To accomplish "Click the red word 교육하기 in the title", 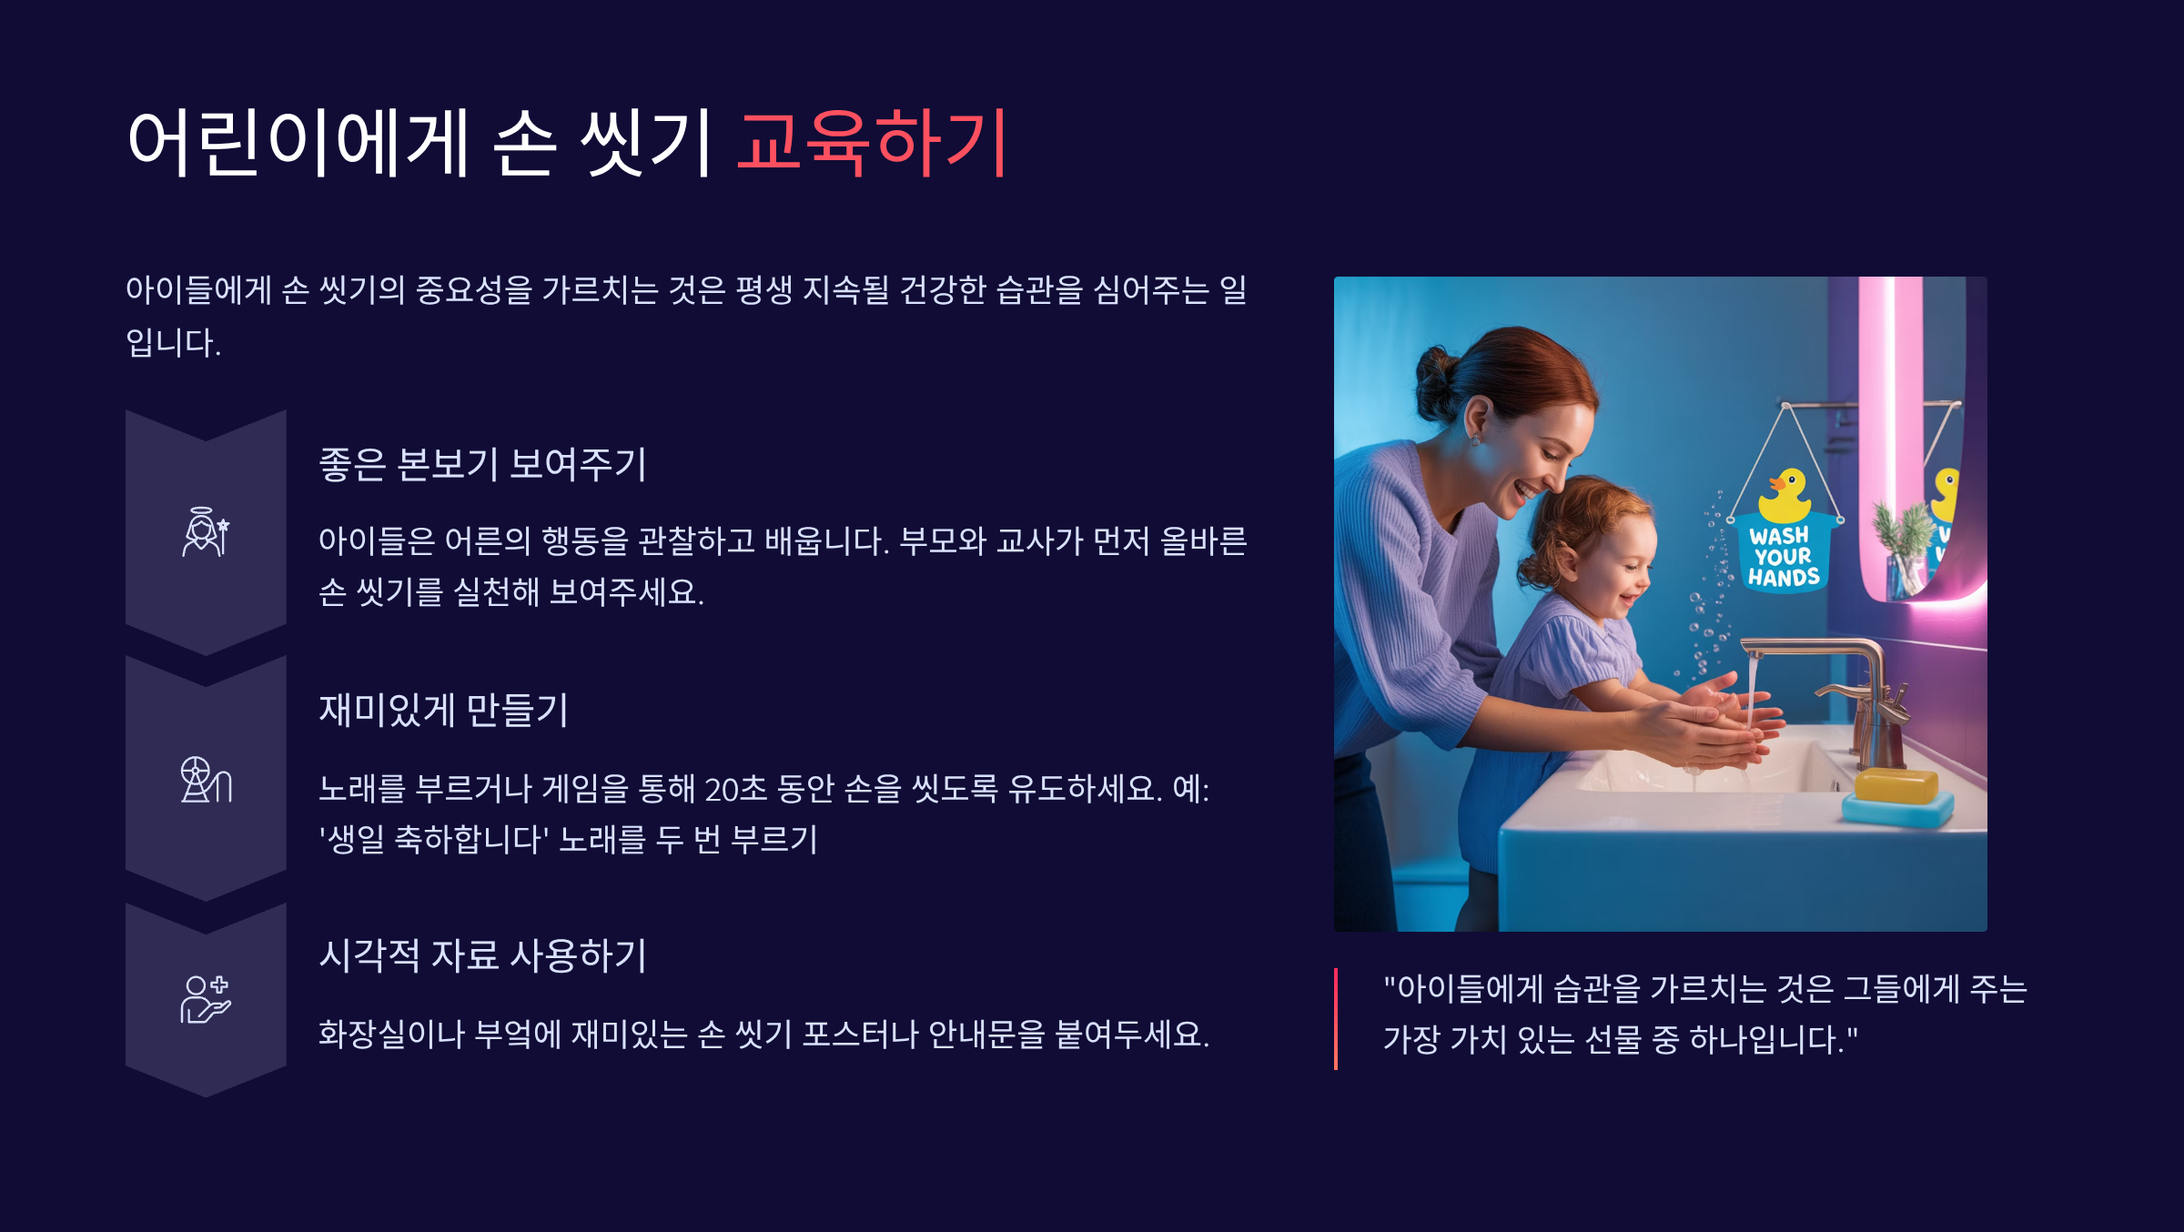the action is [x=872, y=141].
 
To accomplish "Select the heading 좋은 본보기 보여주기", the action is [x=482, y=464].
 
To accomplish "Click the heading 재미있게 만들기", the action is [x=443, y=710].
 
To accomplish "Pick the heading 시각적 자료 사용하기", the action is [x=482, y=955].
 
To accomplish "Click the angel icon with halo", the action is [x=206, y=531].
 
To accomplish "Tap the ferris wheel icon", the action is [x=206, y=779].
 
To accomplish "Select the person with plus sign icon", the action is [x=206, y=999].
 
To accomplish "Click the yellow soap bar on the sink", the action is [x=1896, y=785].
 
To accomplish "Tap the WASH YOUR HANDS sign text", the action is [x=1783, y=556].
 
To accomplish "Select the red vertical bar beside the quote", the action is [x=1336, y=1018].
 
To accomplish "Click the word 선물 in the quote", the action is [x=1613, y=1039].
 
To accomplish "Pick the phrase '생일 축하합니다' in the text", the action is [x=433, y=839].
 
